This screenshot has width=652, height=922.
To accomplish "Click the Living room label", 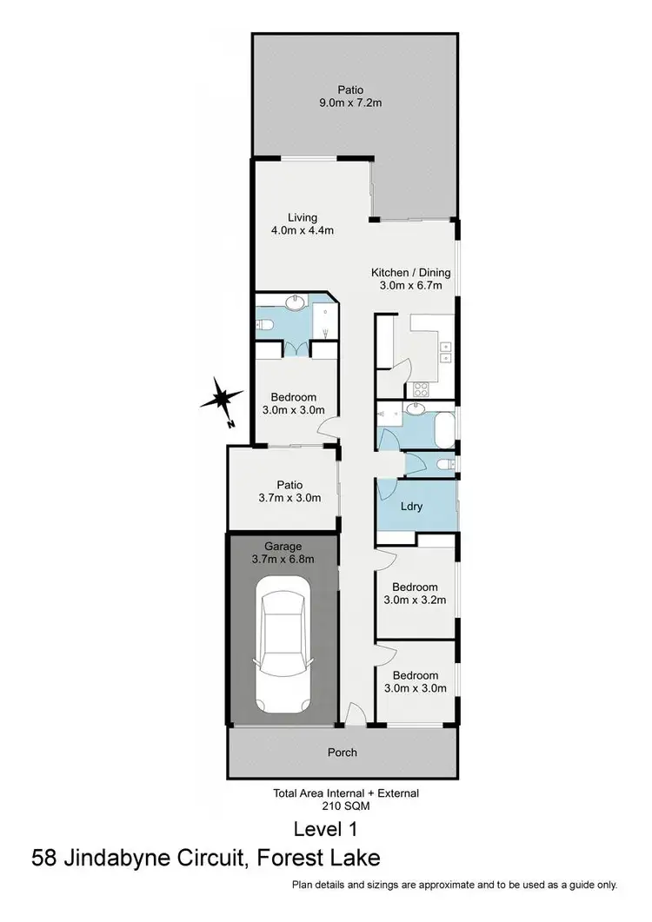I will (303, 217).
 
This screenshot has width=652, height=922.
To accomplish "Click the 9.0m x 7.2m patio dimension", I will (351, 103).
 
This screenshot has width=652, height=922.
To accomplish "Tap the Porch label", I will (343, 752).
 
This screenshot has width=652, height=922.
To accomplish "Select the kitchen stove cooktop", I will (420, 390).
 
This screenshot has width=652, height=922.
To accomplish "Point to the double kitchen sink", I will (446, 351).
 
